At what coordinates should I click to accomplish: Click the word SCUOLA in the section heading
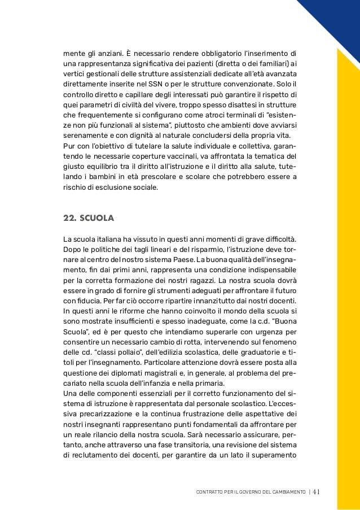pyautogui.click(x=97, y=217)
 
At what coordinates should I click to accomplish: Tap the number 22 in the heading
pyautogui.click(x=69, y=217)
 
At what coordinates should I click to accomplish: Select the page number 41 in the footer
pyautogui.click(x=315, y=491)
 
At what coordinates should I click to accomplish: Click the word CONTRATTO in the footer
pyautogui.click(x=208, y=491)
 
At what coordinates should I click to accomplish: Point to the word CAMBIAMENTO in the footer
pyautogui.click(x=288, y=491)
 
